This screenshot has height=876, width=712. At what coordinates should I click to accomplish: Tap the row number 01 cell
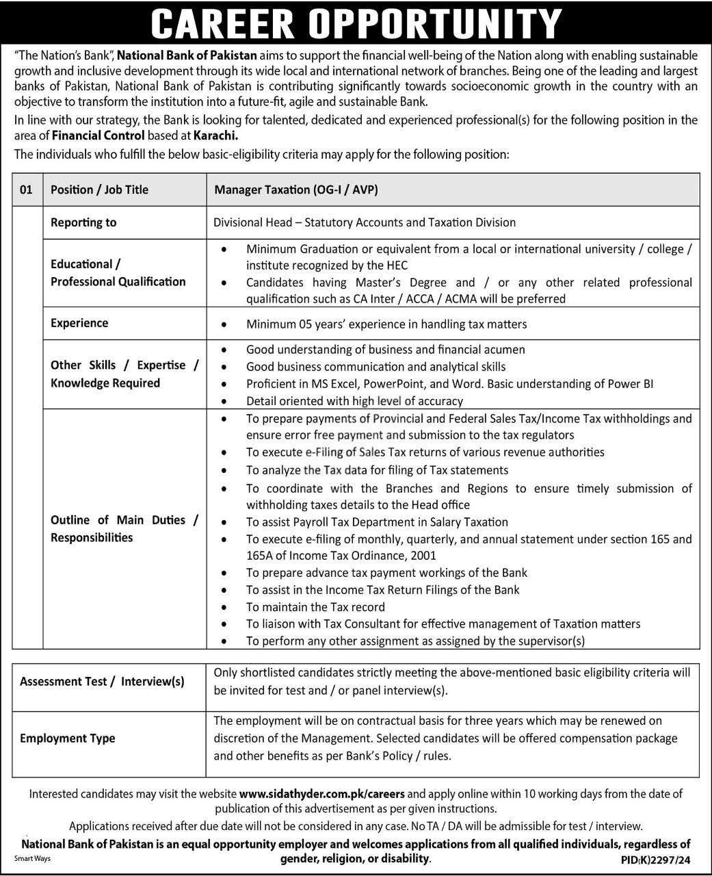click(x=26, y=190)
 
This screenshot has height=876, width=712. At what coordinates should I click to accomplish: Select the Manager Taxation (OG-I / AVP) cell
click(x=295, y=190)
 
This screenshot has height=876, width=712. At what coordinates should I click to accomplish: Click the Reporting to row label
click(x=83, y=222)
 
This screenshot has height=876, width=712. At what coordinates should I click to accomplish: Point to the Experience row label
click(x=79, y=323)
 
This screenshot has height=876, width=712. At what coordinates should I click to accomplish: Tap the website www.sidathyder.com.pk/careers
click(x=322, y=794)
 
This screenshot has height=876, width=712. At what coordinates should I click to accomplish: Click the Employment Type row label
click(x=68, y=738)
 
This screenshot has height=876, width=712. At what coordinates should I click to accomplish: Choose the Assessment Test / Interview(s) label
click(x=102, y=682)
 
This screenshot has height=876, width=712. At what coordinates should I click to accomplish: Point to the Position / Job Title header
click(x=99, y=190)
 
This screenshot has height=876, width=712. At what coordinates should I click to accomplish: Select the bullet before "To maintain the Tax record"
click(x=224, y=607)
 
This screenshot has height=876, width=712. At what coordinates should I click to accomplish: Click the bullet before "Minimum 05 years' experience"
click(x=224, y=324)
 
